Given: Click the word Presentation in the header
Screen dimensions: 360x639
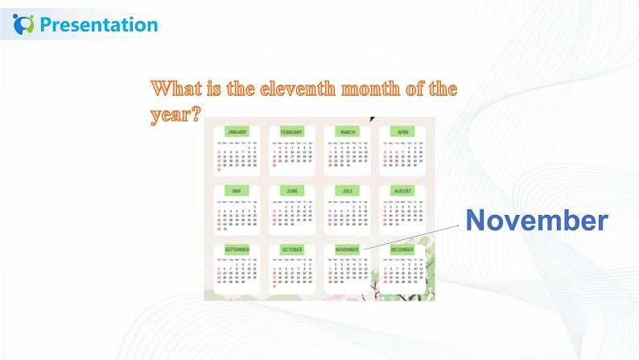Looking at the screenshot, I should pos(98,25).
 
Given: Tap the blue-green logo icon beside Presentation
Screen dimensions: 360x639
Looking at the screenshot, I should pos(25,24).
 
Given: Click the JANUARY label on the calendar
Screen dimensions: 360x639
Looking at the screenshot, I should pos(237,131).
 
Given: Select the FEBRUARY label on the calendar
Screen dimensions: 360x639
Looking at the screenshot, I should pos(291,131).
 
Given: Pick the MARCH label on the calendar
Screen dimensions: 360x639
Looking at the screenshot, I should pos(348,131).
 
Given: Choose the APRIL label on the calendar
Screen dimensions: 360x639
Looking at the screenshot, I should pos(402,131).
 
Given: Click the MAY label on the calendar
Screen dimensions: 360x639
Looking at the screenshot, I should pos(237,191).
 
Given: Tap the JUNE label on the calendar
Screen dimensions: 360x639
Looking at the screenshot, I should pos(291,191).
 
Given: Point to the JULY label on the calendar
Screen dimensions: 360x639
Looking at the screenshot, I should pos(348,191).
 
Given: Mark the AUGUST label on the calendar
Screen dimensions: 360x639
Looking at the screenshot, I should pos(402,191).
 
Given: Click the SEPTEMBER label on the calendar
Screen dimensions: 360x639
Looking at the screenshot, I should pos(237,250).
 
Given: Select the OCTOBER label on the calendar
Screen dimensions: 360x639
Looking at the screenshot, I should pos(291,250).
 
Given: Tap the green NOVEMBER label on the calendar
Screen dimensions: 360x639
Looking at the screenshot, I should pos(347,250).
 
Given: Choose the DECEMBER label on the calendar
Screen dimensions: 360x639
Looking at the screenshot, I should pos(402,250).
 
